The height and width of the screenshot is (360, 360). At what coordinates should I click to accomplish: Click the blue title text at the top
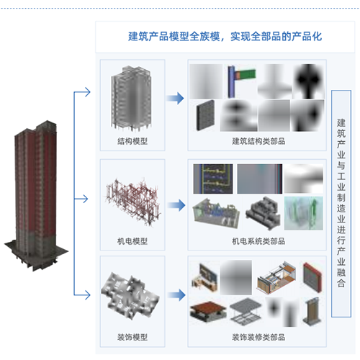tap(225, 37)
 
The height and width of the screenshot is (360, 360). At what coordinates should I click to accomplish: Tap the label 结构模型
tap(132, 141)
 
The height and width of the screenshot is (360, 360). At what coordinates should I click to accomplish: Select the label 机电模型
tap(132, 241)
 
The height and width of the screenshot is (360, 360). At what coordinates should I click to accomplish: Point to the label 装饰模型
tap(132, 337)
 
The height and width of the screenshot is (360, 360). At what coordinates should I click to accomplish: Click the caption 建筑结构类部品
tap(258, 141)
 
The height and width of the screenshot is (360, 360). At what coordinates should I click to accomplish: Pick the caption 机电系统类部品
tap(258, 241)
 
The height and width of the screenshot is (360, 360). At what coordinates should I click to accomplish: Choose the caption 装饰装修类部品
tap(258, 337)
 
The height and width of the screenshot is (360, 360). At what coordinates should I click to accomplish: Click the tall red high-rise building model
tap(36, 196)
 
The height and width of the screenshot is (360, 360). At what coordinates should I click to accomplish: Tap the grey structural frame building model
tap(131, 99)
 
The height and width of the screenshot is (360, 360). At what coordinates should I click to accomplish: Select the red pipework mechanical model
tap(133, 202)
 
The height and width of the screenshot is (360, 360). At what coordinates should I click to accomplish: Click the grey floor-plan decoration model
tap(130, 297)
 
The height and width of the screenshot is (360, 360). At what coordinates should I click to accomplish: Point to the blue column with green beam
tap(241, 81)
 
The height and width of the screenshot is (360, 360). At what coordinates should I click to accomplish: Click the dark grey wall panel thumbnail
tap(205, 115)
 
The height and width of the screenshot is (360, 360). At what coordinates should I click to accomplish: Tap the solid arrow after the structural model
tap(176, 98)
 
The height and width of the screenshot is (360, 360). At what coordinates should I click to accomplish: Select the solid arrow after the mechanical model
tap(176, 205)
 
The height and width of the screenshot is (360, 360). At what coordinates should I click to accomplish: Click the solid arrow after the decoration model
tap(176, 295)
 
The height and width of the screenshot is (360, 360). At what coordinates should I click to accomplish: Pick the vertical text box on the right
tap(341, 204)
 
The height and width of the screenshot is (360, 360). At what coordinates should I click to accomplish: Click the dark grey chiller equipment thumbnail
tap(263, 213)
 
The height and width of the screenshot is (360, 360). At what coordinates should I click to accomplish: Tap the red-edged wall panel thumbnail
tap(312, 277)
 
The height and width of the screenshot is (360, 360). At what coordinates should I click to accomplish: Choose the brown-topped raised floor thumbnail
tap(208, 312)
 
